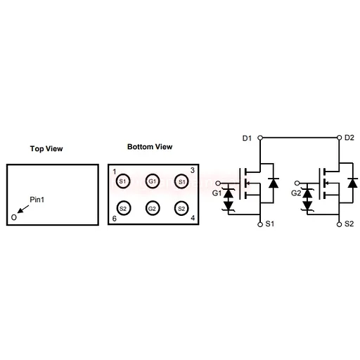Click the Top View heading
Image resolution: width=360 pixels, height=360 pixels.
46,148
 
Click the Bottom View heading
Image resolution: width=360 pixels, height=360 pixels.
150,147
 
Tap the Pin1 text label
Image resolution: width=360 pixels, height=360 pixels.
37,200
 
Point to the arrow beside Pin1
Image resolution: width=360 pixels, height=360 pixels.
23,210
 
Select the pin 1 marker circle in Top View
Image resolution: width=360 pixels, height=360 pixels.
14,217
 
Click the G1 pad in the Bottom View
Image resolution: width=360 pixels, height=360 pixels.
153,181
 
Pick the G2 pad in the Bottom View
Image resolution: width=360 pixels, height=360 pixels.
153,208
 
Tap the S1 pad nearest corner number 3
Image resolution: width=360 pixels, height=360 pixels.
181,181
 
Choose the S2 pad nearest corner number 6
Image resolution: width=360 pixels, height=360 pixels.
123,208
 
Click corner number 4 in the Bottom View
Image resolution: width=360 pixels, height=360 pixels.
193,218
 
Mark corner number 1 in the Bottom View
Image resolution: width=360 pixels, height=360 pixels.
115,172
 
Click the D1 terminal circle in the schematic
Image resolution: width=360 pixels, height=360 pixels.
260,138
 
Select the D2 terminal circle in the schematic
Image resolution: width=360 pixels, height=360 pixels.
339,138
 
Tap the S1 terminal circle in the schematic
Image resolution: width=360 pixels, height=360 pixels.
260,224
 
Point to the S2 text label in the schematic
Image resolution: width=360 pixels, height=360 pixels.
349,224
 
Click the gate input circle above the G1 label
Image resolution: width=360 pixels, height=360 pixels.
218,183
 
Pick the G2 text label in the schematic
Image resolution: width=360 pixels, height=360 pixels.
296,193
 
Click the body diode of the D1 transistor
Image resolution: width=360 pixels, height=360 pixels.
274,183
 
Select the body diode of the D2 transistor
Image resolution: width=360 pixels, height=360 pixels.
352,183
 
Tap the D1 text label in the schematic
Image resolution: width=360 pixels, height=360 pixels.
247,139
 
